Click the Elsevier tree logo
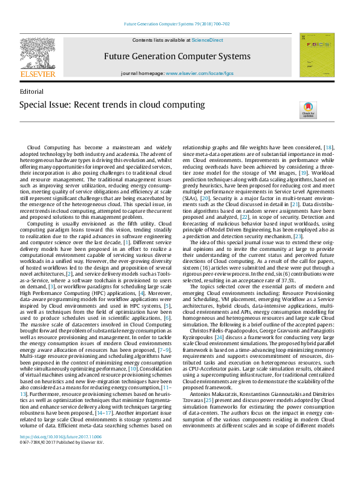tap(38, 53)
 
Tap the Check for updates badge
tap(308, 110)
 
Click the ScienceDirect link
tap(207, 40)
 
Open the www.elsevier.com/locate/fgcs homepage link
tap(199, 73)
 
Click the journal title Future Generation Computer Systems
tap(177, 56)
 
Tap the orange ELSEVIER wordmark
tap(38, 74)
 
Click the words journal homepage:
tap(143, 73)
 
